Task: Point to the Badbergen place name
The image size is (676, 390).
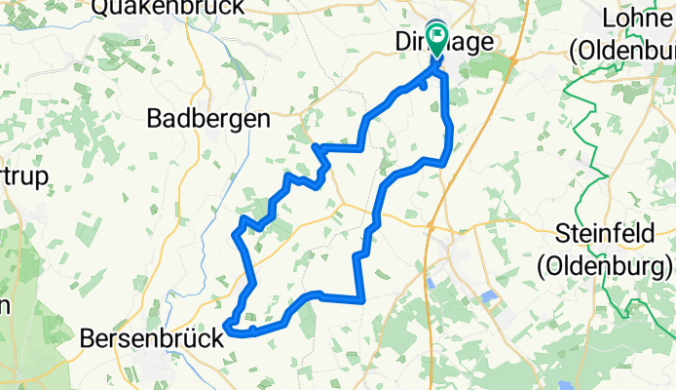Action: (x=207, y=119)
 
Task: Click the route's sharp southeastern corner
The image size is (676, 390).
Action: (x=362, y=300)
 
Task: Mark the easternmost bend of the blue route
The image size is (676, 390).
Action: (x=450, y=136)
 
